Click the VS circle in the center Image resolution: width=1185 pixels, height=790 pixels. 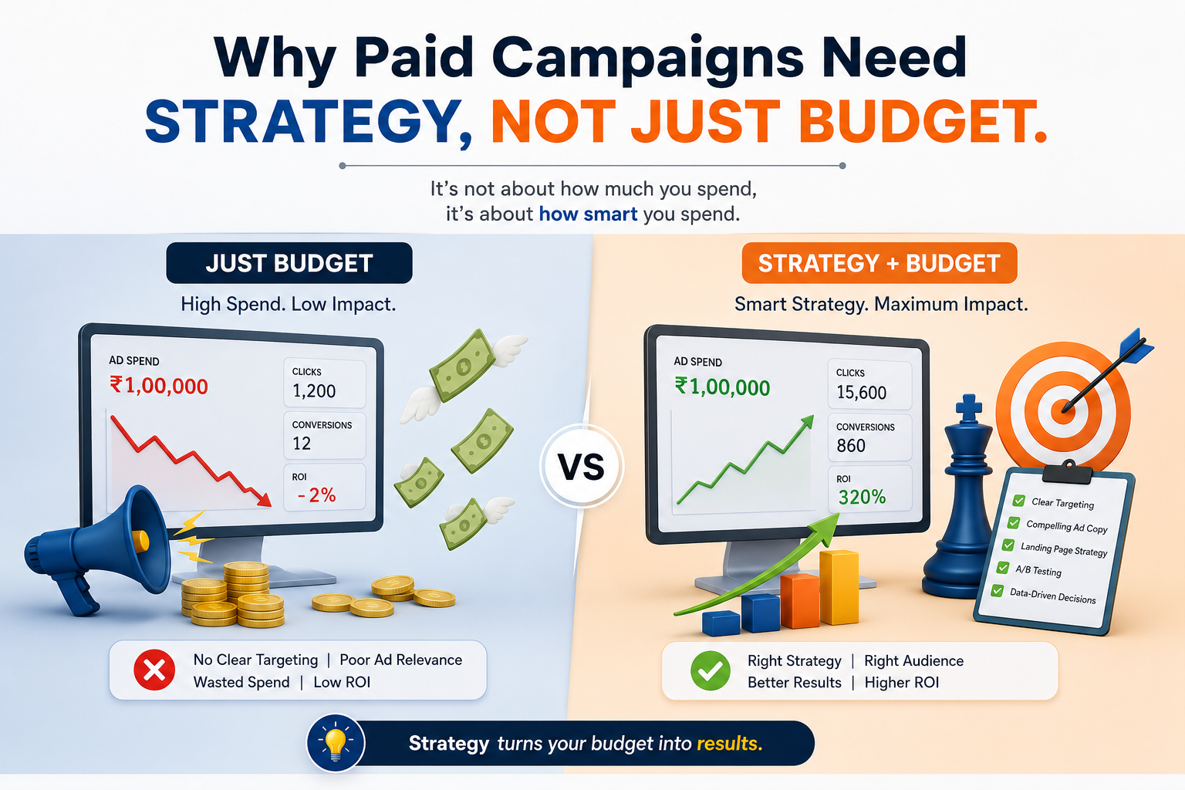pyautogui.click(x=582, y=466)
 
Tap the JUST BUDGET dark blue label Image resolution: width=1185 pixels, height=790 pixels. pyautogui.click(x=289, y=263)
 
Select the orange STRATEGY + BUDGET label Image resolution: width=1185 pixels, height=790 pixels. pyautogui.click(x=879, y=263)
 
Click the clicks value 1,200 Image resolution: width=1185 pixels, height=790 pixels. pyautogui.click(x=314, y=391)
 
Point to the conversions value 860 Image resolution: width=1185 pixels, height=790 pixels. pyautogui.click(x=851, y=446)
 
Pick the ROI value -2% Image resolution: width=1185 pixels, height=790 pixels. pyautogui.click(x=316, y=495)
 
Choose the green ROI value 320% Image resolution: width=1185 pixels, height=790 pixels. pyautogui.click(x=862, y=497)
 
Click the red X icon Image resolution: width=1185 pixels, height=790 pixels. pyautogui.click(x=154, y=670)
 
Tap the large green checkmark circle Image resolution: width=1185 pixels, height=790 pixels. pyautogui.click(x=711, y=670)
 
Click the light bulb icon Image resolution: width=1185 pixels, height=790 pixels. pyautogui.click(x=336, y=743)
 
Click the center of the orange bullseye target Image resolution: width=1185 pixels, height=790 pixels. pyautogui.click(x=1062, y=411)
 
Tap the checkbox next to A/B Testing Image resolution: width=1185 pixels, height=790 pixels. pyautogui.click(x=1002, y=568)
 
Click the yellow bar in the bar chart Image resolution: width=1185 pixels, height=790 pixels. pyautogui.click(x=839, y=587)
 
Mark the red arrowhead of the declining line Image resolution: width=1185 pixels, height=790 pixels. pyautogui.click(x=263, y=499)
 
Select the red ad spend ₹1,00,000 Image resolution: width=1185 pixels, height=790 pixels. pyautogui.click(x=159, y=386)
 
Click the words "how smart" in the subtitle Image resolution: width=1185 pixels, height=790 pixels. pyautogui.click(x=588, y=214)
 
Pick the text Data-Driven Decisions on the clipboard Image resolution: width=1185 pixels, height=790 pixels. pyautogui.click(x=1053, y=596)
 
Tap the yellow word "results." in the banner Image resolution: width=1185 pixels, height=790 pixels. pyautogui.click(x=730, y=744)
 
